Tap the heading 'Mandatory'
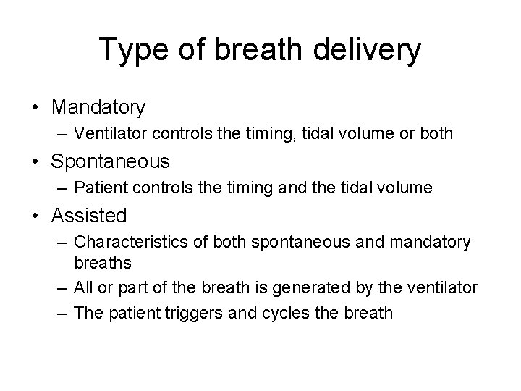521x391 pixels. click(x=98, y=108)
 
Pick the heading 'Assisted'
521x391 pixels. click(x=90, y=215)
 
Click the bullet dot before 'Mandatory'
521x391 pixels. click(x=35, y=109)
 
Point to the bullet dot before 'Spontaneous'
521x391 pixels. click(x=35, y=162)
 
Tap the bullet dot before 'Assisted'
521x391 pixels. click(x=35, y=216)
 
